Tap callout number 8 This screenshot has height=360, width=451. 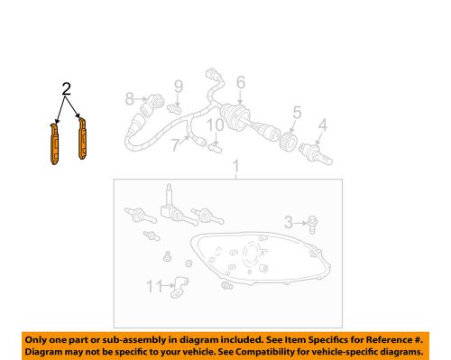(x=130, y=98)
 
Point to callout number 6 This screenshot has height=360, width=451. (x=241, y=83)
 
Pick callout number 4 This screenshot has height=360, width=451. (x=322, y=126)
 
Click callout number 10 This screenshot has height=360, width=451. (x=216, y=125)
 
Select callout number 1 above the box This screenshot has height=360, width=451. (x=235, y=168)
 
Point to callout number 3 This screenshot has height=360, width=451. (x=288, y=221)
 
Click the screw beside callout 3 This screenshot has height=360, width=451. (x=310, y=222)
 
